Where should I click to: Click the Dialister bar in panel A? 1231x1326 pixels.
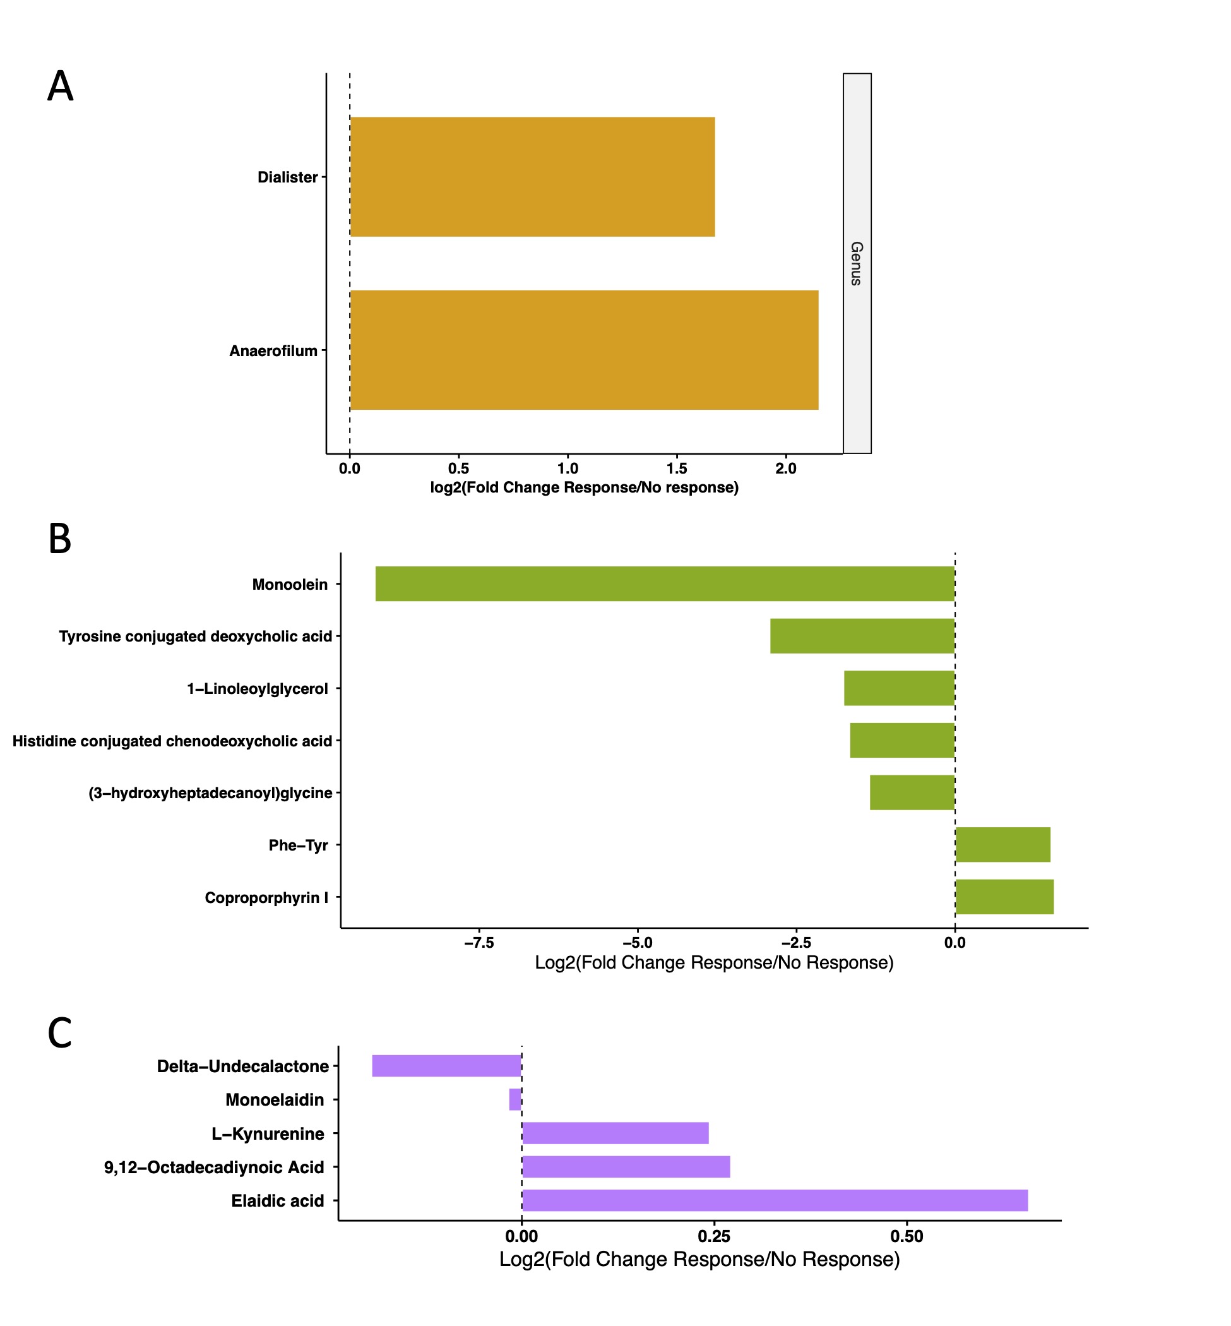coord(532,177)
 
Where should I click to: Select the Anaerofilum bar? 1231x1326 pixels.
coord(584,350)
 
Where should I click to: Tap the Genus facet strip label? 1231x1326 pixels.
coord(857,263)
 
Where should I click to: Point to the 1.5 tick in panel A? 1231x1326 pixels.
coord(677,469)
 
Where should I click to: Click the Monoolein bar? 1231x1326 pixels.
coord(665,583)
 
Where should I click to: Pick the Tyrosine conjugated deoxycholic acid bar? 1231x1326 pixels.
coord(862,636)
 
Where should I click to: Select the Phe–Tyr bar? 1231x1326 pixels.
coord(1002,844)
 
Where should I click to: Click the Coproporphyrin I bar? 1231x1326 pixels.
coord(1004,897)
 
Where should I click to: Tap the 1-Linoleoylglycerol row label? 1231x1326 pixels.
coord(257,688)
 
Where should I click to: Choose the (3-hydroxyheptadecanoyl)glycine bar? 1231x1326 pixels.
coord(912,792)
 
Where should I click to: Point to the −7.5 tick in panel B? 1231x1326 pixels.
coord(479,942)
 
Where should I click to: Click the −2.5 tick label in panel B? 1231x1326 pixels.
coord(796,942)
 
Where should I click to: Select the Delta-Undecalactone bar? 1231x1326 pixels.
coord(446,1065)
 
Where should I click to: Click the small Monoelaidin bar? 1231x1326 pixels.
coord(515,1099)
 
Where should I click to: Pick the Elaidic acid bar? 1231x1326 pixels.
coord(775,1200)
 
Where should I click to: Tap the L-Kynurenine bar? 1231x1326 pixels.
coord(615,1133)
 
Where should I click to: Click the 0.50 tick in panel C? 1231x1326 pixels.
coord(907,1236)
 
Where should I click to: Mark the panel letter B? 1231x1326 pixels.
coord(60,539)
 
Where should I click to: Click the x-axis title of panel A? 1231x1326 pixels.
coord(584,487)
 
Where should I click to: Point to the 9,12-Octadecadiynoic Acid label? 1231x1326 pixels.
coord(214,1167)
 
